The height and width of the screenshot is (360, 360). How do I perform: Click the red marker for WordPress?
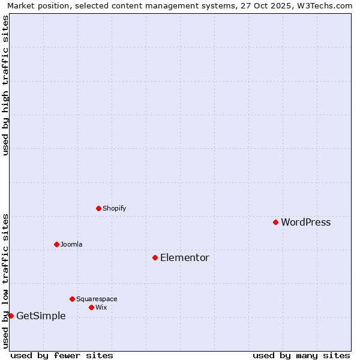tap(275, 222)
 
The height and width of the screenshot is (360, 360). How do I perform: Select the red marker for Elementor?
tap(155, 257)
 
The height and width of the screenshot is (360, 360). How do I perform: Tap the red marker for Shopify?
tap(98, 208)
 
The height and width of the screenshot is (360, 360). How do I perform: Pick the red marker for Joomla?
tap(56, 244)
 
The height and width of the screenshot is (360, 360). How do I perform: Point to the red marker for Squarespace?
tap(72, 299)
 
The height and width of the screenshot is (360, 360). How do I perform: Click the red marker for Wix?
tap(91, 307)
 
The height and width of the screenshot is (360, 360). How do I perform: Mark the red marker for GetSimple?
tap(11, 316)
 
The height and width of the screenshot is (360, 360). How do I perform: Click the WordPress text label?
tap(305, 223)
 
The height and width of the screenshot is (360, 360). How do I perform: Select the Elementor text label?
tap(184, 258)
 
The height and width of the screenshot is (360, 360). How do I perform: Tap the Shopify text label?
tap(114, 209)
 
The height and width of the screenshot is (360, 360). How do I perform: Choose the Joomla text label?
tap(71, 245)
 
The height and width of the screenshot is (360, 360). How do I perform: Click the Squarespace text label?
tap(97, 299)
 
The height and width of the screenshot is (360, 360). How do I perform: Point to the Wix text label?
tap(101, 308)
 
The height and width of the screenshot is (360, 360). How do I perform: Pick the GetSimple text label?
tap(41, 316)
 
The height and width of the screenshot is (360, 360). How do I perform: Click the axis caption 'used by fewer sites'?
tap(62, 355)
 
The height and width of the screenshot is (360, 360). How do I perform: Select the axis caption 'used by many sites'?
tap(301, 355)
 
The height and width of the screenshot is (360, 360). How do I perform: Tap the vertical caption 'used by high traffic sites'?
tap(5, 85)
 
